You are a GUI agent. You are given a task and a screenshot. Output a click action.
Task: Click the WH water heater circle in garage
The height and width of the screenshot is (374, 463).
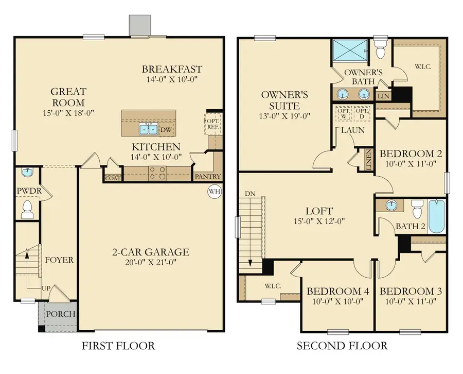(x=214, y=192)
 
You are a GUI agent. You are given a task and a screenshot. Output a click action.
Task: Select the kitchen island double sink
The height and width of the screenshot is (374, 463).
(x=149, y=129)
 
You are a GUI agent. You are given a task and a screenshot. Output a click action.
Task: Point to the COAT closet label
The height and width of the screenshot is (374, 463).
(x=112, y=178)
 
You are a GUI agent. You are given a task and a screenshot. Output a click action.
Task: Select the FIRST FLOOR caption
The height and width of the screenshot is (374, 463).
(x=118, y=346)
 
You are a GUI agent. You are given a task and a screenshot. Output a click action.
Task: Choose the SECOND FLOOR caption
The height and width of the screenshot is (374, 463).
(x=342, y=346)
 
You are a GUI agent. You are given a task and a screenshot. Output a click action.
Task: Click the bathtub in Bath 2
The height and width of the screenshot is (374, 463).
(x=436, y=216)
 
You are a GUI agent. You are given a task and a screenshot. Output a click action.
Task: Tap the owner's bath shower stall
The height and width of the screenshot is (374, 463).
(x=349, y=50)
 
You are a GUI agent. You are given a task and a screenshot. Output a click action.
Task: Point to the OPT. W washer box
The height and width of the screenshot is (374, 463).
(x=343, y=113)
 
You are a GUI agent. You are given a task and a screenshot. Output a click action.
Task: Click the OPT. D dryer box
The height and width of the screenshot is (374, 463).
(x=362, y=113)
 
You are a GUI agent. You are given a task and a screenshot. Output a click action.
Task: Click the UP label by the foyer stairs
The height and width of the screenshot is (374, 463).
(x=46, y=289)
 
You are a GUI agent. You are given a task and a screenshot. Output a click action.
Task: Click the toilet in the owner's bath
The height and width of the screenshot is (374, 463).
(x=381, y=51)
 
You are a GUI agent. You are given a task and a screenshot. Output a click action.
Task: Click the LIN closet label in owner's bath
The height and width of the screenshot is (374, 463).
(x=383, y=96)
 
